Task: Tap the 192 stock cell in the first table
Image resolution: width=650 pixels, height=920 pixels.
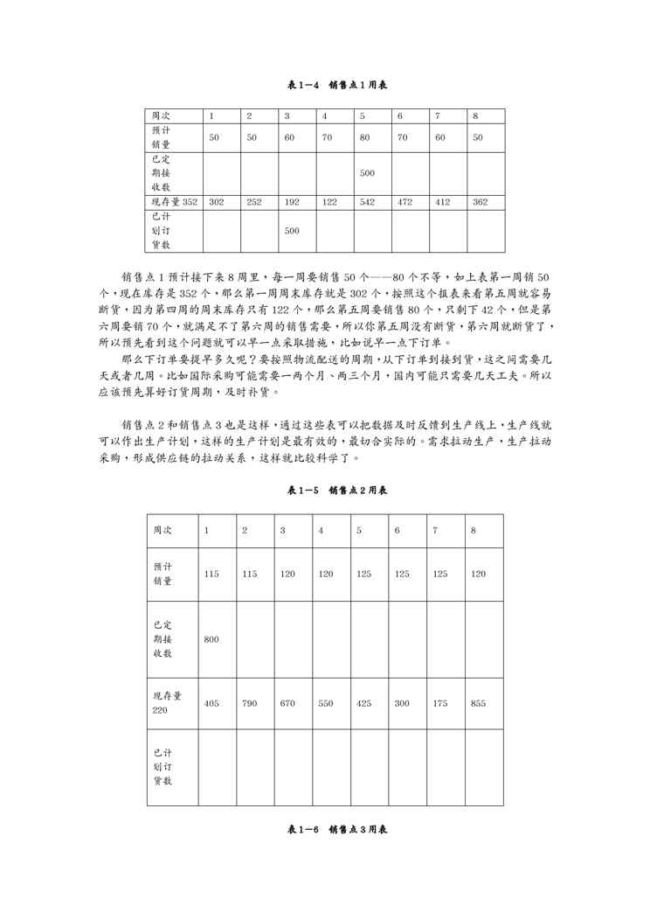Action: click(x=292, y=202)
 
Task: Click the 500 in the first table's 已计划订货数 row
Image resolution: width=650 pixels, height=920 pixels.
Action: click(x=292, y=231)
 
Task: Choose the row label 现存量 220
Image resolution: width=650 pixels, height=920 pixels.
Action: click(x=168, y=703)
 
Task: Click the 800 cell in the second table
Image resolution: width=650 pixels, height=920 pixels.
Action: click(x=211, y=639)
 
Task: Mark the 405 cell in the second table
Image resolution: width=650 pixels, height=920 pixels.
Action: click(x=211, y=703)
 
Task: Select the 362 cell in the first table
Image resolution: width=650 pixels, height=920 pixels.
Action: click(x=480, y=202)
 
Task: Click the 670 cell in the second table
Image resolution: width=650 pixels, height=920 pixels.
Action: click(x=288, y=703)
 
